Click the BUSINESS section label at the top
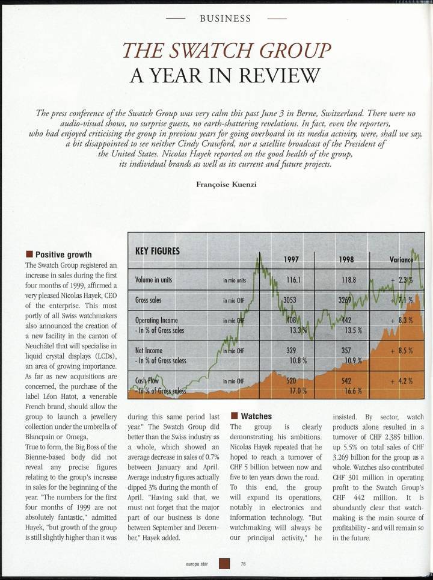(x=225, y=18)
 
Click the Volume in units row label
(x=156, y=280)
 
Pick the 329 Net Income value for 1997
(x=292, y=350)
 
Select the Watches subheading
(x=256, y=416)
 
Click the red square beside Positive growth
(x=28, y=255)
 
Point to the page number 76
(x=244, y=564)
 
